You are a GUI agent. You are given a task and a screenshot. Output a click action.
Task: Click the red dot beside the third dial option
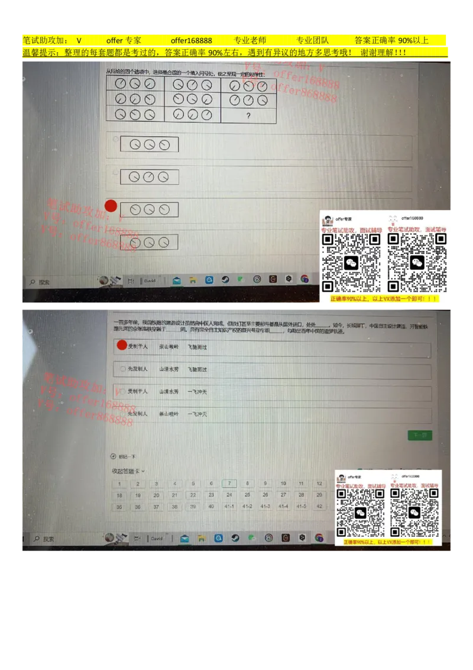(111, 206)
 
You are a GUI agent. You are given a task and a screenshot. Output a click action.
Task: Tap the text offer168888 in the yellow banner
(192, 40)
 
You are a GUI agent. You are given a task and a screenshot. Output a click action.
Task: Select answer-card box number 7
(229, 484)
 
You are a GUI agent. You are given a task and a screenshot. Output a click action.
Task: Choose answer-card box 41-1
(229, 506)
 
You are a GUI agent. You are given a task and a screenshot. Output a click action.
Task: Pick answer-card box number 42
(319, 506)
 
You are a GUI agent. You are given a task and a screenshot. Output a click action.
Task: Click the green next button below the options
(420, 435)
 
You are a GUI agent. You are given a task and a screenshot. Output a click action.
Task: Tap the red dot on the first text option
(122, 346)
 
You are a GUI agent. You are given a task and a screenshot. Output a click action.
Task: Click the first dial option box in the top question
(149, 144)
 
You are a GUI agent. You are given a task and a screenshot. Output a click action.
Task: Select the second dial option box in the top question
(149, 176)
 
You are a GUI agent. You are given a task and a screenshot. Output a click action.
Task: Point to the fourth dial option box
(149, 242)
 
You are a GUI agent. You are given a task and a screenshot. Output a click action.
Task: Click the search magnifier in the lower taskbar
(37, 539)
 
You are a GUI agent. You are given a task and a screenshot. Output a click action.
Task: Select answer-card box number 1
(119, 484)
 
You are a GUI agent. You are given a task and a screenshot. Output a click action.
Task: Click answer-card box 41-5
(302, 506)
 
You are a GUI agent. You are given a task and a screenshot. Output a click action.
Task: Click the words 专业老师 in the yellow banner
(250, 40)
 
